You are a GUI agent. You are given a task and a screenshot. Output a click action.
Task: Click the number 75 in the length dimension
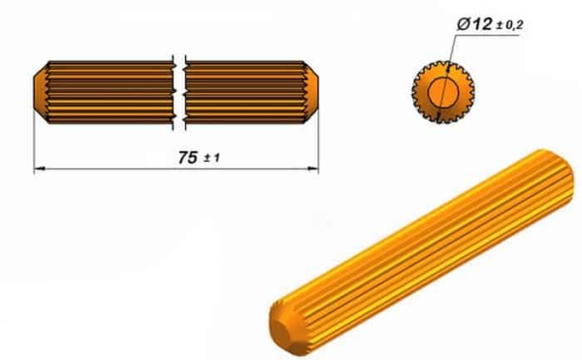pos(188,158)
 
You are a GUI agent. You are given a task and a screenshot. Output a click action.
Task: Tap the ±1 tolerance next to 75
pos(211,158)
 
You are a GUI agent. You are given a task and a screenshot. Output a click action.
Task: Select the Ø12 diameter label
pos(474,24)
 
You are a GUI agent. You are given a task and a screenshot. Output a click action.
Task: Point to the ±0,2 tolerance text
pos(509,25)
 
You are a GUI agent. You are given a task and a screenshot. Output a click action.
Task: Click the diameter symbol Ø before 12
pos(464,24)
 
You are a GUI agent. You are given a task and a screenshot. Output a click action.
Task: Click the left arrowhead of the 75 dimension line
pos(40,169)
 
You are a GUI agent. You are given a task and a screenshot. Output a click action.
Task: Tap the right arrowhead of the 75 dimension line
pos(313,169)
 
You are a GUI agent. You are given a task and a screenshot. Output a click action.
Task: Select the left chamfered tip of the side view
pos(41,92)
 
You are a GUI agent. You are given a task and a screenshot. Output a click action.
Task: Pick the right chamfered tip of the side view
pos(311,92)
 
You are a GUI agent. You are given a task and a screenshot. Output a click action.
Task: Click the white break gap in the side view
pos(179,93)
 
